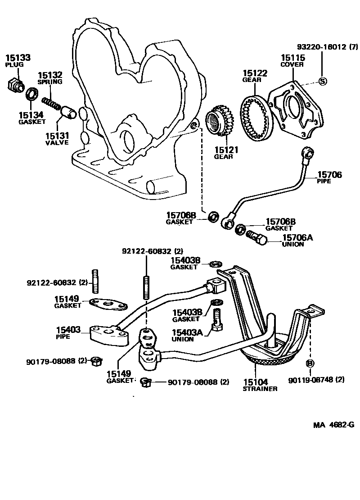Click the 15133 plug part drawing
16,85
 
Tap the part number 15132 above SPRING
49,75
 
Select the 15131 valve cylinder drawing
69,111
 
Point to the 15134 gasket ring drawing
31,95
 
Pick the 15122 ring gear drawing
257,117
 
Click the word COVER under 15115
292,64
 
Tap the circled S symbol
322,81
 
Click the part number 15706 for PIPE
330,175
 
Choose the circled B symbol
310,363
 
